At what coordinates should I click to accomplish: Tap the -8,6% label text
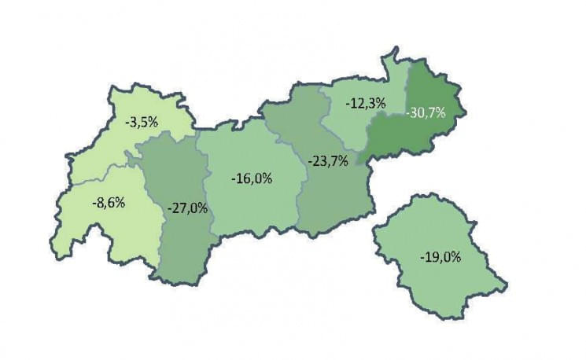109,202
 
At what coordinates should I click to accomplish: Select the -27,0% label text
188,208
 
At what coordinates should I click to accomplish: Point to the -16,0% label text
252,178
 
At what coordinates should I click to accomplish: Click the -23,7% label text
327,163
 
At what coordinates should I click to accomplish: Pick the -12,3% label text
366,104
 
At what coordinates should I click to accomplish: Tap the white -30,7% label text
426,112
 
